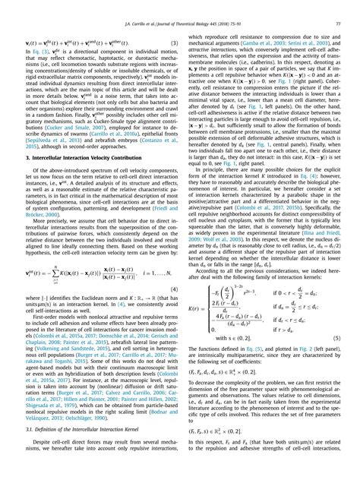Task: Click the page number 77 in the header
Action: click(x=335, y=7)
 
